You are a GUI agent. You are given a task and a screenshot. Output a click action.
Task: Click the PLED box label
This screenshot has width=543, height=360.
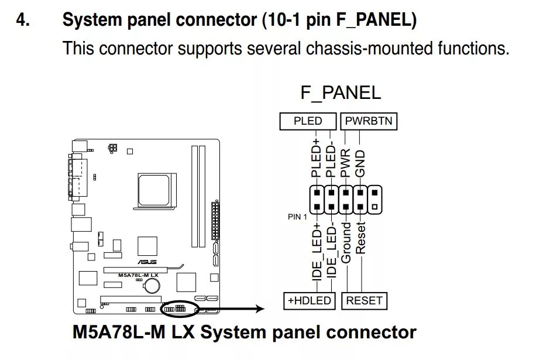(308, 121)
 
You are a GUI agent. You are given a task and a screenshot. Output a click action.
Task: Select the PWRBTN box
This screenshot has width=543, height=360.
(369, 121)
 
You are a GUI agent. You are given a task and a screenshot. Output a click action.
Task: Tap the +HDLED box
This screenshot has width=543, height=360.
(310, 300)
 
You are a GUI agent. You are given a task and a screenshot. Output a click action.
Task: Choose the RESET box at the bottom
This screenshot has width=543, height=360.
(364, 300)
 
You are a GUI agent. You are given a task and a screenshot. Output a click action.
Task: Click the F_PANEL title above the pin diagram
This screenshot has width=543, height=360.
(341, 92)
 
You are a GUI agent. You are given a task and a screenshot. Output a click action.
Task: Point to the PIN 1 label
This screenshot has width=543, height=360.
(297, 217)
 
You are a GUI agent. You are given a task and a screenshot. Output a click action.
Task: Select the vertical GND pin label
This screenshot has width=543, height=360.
(360, 163)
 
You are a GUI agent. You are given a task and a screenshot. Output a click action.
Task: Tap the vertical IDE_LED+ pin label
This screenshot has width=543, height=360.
(317, 251)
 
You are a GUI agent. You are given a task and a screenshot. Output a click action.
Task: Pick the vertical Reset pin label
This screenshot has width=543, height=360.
(360, 238)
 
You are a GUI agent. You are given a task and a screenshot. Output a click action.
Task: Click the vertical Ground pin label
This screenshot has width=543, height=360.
(346, 243)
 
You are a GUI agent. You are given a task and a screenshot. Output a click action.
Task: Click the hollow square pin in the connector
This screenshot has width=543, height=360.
(374, 207)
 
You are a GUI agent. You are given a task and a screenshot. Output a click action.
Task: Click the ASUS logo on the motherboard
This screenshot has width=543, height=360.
(147, 262)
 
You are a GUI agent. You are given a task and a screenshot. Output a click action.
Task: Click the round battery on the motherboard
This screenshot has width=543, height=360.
(152, 286)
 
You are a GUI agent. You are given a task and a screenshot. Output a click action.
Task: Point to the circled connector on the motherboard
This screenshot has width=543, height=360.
(180, 308)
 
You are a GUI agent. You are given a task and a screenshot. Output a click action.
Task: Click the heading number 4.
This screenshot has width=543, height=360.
(23, 20)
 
